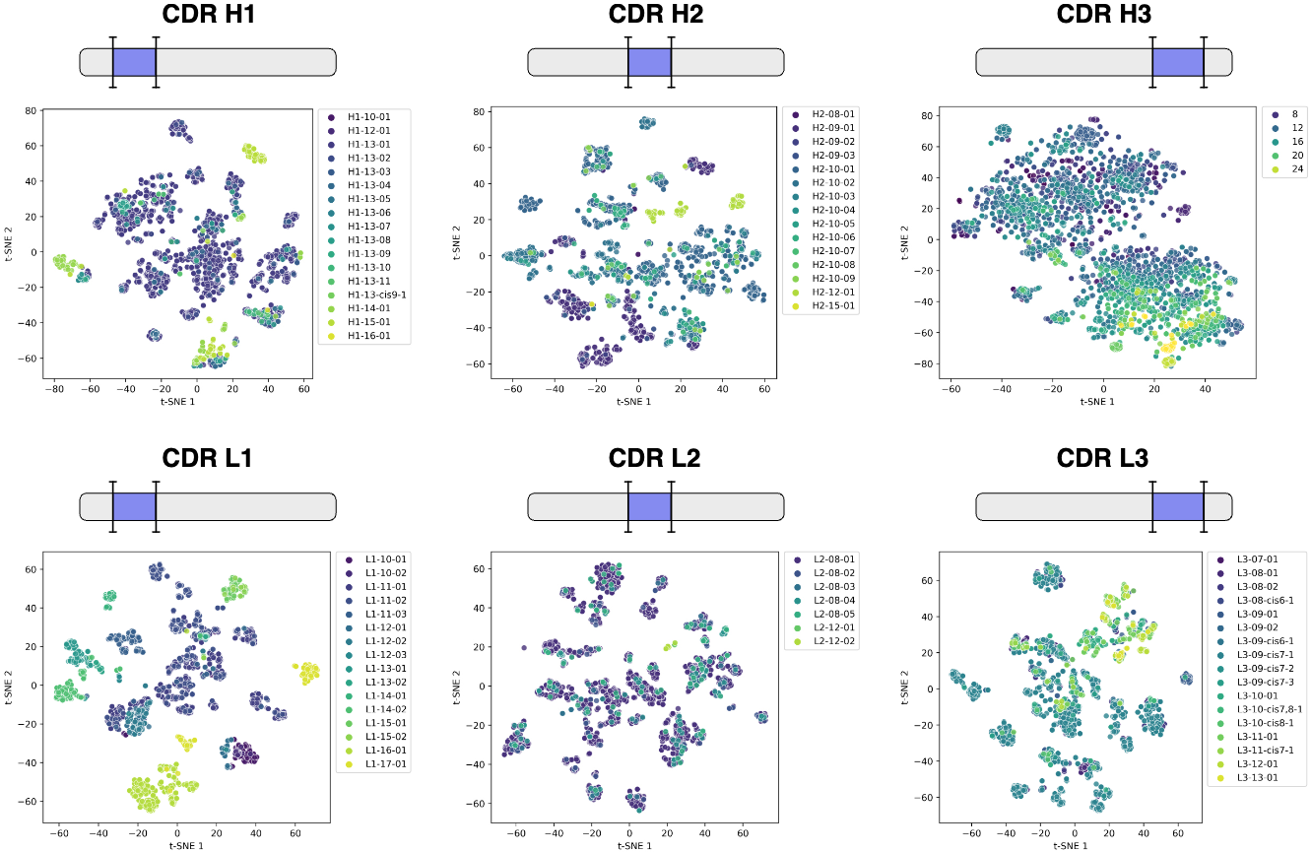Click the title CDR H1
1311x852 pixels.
click(208, 15)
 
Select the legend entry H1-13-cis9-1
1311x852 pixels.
click(369, 295)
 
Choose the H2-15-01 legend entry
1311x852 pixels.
click(834, 306)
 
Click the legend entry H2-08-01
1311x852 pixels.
click(834, 114)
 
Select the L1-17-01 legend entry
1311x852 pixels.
click(386, 763)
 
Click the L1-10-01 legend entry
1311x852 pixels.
click(386, 558)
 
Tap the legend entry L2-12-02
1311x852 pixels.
click(834, 640)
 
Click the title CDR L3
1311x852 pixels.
click(1103, 458)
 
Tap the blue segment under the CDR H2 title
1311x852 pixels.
click(649, 61)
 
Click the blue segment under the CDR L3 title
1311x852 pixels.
click(1177, 506)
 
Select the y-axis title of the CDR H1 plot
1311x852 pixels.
click(10, 238)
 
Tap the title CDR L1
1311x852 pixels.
click(208, 458)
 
